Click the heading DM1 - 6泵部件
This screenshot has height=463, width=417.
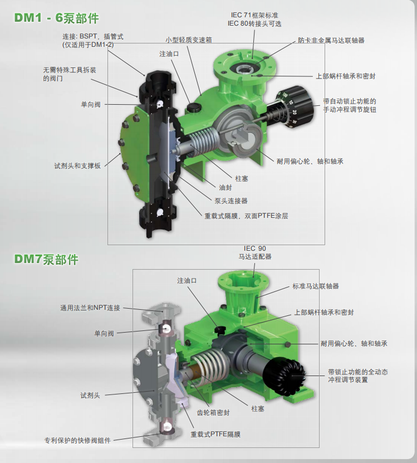[x=57, y=18]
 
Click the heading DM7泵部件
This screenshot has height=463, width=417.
[x=46, y=260]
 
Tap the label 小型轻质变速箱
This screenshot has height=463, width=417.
[x=189, y=40]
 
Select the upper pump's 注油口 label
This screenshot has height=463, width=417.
[x=169, y=54]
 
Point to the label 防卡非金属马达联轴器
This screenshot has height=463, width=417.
[x=331, y=41]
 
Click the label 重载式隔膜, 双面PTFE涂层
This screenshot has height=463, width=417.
[x=247, y=216]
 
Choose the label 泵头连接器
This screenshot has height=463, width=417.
[x=231, y=201]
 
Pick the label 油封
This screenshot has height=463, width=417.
[x=225, y=188]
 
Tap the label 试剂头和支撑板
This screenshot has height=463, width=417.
[x=77, y=165]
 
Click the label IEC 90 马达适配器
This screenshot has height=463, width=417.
[x=255, y=252]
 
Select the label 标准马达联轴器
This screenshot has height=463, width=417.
[x=316, y=286]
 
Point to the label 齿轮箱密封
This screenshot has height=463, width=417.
[x=213, y=412]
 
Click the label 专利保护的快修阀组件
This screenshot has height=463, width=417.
[x=77, y=440]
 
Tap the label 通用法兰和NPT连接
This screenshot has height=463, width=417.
[x=90, y=308]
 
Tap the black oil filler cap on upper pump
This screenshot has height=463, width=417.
[x=193, y=106]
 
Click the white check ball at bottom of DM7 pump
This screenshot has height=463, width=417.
[x=168, y=426]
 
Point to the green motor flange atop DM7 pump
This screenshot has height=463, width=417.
[x=243, y=280]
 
